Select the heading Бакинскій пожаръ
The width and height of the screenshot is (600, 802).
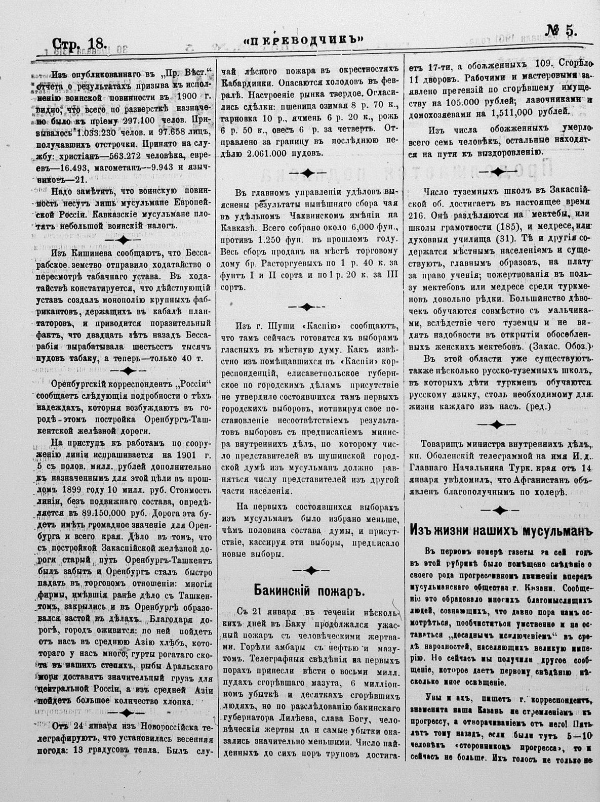click(x=309, y=590)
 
